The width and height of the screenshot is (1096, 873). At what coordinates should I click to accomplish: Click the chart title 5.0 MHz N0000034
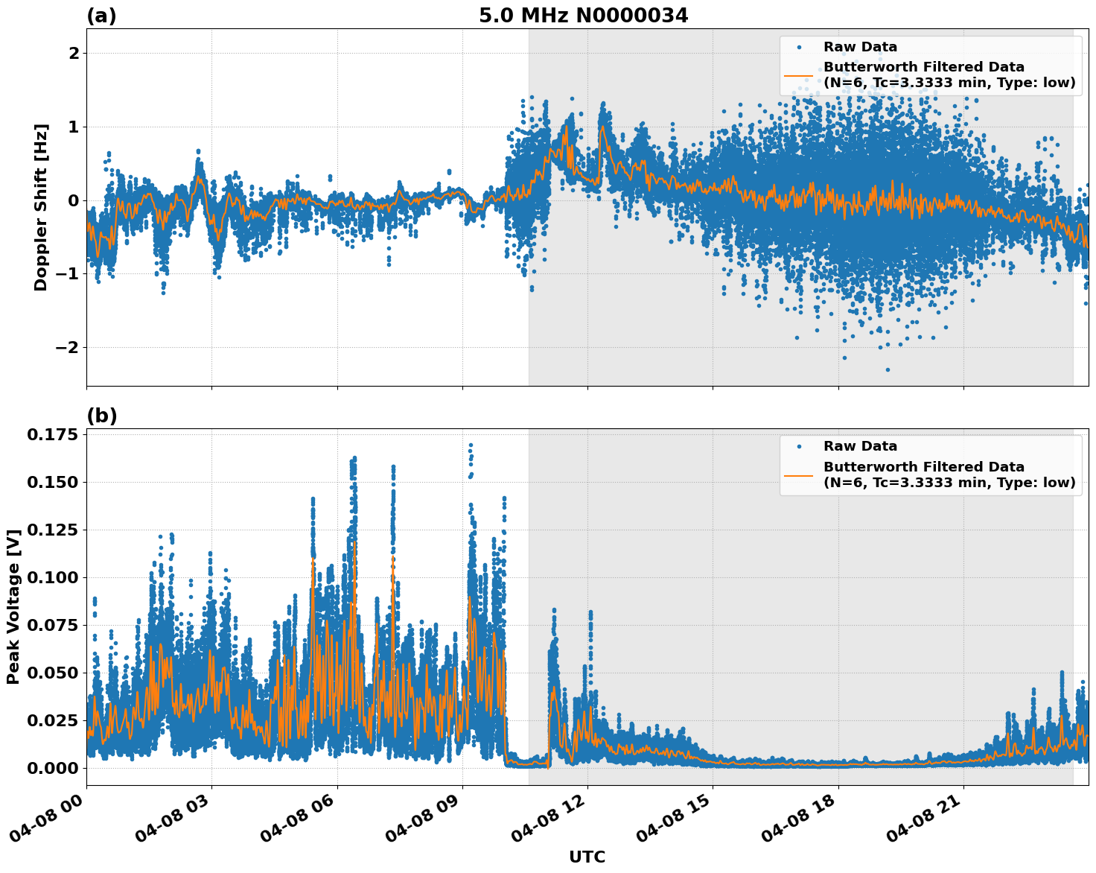583,15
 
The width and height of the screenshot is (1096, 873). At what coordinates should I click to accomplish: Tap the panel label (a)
101,16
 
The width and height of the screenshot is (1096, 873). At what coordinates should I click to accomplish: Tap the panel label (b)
101,416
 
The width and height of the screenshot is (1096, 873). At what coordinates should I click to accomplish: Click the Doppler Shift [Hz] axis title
41,207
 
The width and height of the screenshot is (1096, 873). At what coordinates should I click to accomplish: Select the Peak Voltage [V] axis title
13,606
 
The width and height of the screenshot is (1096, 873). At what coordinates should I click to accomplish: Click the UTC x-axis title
587,857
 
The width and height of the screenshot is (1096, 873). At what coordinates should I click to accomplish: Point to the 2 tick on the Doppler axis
74,53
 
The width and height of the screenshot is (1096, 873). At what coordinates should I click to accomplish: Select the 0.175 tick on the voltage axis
52,434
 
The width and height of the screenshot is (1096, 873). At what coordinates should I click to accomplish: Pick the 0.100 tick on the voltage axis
52,577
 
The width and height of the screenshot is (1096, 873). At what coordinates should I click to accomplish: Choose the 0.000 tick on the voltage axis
52,768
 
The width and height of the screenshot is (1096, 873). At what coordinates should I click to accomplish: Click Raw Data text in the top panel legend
860,47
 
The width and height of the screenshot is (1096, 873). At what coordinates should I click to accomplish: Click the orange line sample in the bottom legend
799,475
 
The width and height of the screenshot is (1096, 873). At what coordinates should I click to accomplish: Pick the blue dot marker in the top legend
799,47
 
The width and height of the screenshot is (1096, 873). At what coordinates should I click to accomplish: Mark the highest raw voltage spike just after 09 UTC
471,445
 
